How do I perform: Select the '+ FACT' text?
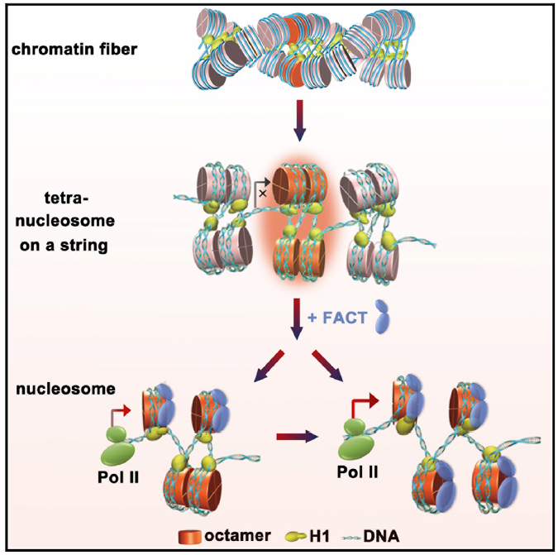(x=337, y=315)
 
